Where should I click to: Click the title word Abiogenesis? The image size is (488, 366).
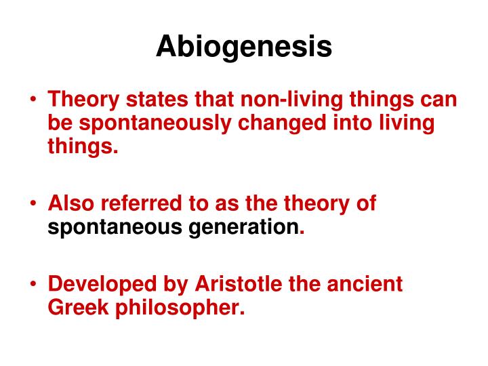tap(244, 46)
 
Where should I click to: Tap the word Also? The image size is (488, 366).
tap(73, 203)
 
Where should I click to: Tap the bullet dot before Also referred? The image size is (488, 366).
tap(34, 204)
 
